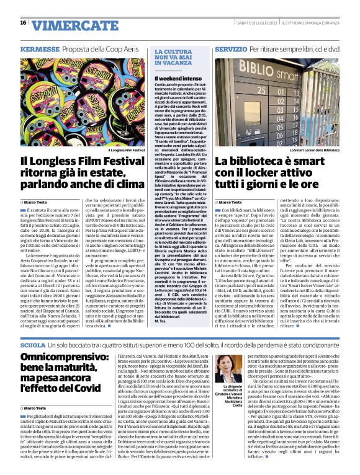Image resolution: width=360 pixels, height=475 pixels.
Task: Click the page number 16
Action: [23, 23]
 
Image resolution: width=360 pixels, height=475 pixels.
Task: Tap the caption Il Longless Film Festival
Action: [127, 150]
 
